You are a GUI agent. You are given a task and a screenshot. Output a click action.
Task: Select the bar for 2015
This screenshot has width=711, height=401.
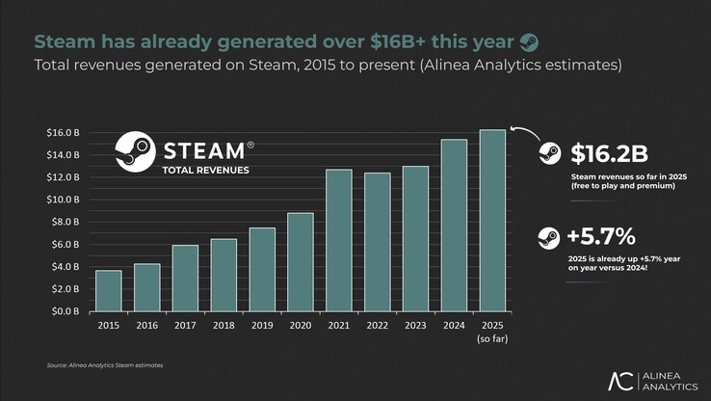pos(109,290)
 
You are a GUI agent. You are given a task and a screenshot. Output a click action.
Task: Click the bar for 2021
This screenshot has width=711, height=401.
pos(339,240)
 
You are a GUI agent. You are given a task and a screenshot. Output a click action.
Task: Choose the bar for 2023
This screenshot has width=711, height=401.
pos(415,238)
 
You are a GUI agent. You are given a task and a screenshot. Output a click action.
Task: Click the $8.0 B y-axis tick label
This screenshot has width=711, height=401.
pos(65,222)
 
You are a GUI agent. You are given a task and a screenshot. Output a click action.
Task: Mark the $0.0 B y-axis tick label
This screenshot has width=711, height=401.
pos(65,311)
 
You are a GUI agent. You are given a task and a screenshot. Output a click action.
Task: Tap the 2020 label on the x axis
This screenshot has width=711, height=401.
pos(301,326)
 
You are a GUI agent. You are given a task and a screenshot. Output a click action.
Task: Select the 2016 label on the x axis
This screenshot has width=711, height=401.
pos(147,326)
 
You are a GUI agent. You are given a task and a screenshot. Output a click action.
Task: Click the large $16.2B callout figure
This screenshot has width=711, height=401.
pos(608,154)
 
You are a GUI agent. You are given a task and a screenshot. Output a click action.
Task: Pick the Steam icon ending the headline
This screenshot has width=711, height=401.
pos(529,41)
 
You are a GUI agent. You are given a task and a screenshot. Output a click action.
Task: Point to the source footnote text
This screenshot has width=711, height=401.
pos(104,366)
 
